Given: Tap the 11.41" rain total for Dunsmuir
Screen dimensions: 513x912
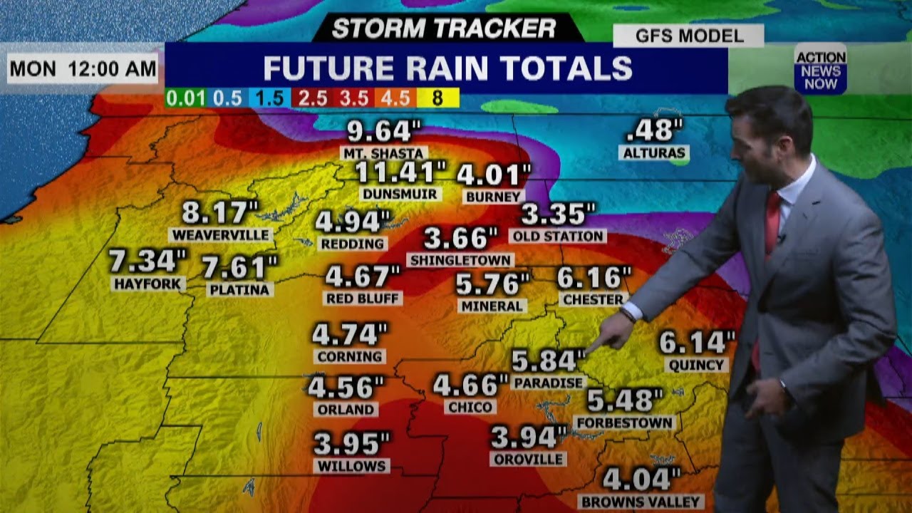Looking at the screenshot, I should (401, 172).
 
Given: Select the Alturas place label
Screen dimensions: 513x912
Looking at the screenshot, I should (654, 152).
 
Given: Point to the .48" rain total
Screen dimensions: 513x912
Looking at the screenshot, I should (654, 130).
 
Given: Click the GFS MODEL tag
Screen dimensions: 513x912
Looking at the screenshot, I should (688, 36).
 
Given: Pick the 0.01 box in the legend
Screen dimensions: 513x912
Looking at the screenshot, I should (185, 98).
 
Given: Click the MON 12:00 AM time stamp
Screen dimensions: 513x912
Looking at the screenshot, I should (83, 69).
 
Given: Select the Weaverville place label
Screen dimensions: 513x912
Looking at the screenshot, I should (221, 235).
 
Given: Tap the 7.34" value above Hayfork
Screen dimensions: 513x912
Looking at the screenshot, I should (147, 261).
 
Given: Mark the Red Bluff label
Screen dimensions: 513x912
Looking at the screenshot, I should (363, 298).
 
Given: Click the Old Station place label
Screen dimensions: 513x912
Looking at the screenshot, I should (557, 236).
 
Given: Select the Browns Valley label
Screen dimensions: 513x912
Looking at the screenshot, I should (641, 502).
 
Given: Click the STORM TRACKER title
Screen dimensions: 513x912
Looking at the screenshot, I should (444, 28).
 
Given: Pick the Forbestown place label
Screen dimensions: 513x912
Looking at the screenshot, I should (624, 423).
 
